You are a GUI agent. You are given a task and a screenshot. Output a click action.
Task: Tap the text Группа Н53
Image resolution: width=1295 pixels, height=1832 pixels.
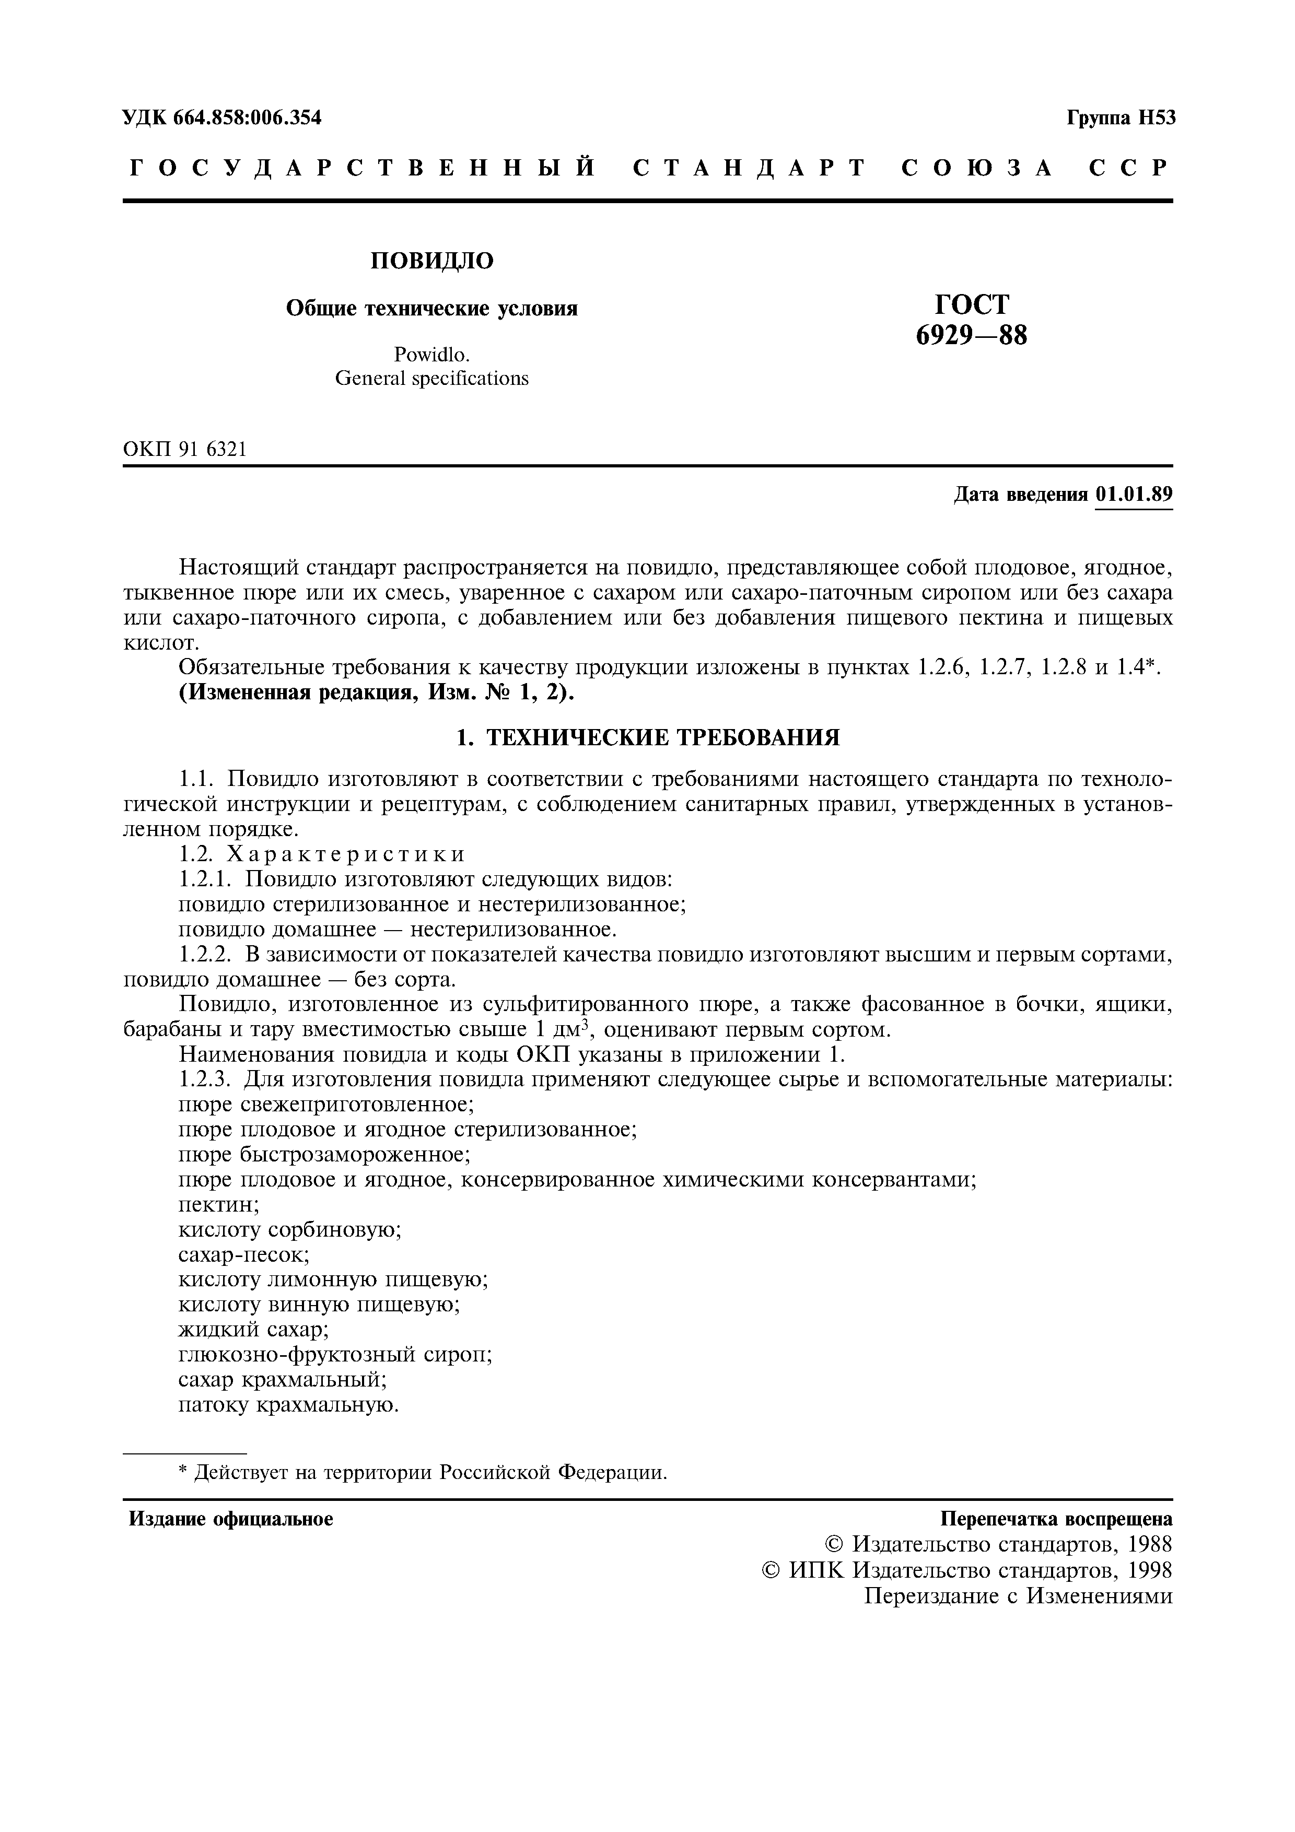click(x=1120, y=118)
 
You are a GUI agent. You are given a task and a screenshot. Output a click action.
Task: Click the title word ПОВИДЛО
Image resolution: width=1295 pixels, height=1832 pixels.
click(x=431, y=261)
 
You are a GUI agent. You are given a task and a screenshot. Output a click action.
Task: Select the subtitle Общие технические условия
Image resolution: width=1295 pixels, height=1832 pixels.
click(x=431, y=309)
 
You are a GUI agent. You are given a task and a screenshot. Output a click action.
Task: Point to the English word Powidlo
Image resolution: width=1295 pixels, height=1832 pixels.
click(x=431, y=354)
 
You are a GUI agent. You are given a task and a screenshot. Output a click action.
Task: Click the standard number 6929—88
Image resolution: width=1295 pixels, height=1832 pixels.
click(x=971, y=336)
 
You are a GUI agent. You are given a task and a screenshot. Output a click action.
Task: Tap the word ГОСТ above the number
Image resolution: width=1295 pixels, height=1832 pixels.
click(x=971, y=304)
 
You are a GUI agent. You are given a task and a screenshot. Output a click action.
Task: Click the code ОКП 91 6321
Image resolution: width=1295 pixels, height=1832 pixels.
click(x=185, y=450)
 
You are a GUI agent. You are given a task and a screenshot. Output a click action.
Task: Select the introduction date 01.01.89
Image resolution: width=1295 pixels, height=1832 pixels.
click(x=1133, y=495)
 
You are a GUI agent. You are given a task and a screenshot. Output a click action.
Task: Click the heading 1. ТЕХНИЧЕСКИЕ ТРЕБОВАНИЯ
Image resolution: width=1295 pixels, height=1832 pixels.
click(x=647, y=737)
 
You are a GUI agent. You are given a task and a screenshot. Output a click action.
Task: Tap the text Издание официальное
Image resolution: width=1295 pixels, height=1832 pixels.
click(x=231, y=1519)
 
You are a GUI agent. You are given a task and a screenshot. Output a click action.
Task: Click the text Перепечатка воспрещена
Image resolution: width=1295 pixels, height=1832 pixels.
click(x=1056, y=1519)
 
